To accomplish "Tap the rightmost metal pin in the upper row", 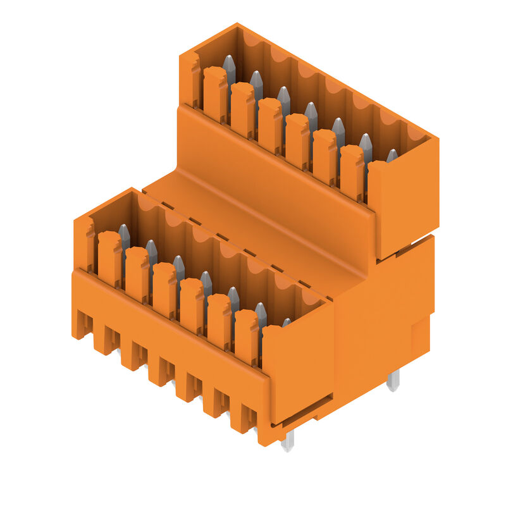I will coord(392,155).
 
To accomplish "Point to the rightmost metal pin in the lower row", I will coord(287,323).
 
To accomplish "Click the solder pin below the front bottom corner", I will coord(288,441).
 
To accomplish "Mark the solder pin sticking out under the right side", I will coord(393,380).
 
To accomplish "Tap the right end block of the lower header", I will coord(297,367).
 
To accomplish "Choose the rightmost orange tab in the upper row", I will coord(352,171).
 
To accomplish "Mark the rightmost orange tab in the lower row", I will coord(246,335).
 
